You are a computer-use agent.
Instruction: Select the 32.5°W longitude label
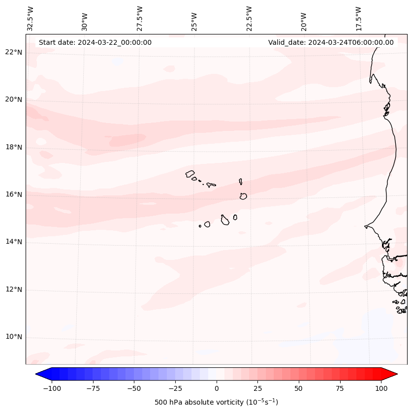[x=31, y=18]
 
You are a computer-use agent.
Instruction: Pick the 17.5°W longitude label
[x=358, y=18]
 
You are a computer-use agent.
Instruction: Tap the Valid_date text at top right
[x=331, y=42]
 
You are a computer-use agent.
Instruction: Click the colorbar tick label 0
[x=217, y=388]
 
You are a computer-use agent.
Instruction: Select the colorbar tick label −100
[x=52, y=388]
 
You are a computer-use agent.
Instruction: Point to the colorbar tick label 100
[x=381, y=388]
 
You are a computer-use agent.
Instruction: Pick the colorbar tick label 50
[x=299, y=388]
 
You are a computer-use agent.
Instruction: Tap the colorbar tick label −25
[x=175, y=388]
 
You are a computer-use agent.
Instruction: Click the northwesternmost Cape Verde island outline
[x=190, y=173]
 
